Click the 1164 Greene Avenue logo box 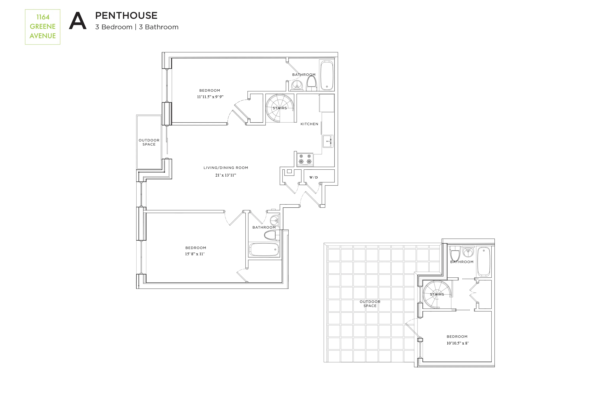(x=43, y=27)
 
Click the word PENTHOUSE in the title (x=126, y=16)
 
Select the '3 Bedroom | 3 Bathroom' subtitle (x=137, y=27)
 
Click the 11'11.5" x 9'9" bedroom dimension (x=210, y=97)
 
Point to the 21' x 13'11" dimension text (x=225, y=175)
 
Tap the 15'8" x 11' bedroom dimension (x=195, y=254)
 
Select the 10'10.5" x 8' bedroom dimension (x=457, y=343)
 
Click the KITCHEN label (x=309, y=124)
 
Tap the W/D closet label (x=313, y=178)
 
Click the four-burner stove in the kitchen (x=305, y=159)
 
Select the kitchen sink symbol (x=328, y=141)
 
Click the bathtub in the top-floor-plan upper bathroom (x=327, y=75)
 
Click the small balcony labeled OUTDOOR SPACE (x=149, y=142)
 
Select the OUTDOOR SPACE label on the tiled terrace (x=370, y=304)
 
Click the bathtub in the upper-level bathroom (x=484, y=262)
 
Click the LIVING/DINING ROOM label (x=226, y=168)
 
